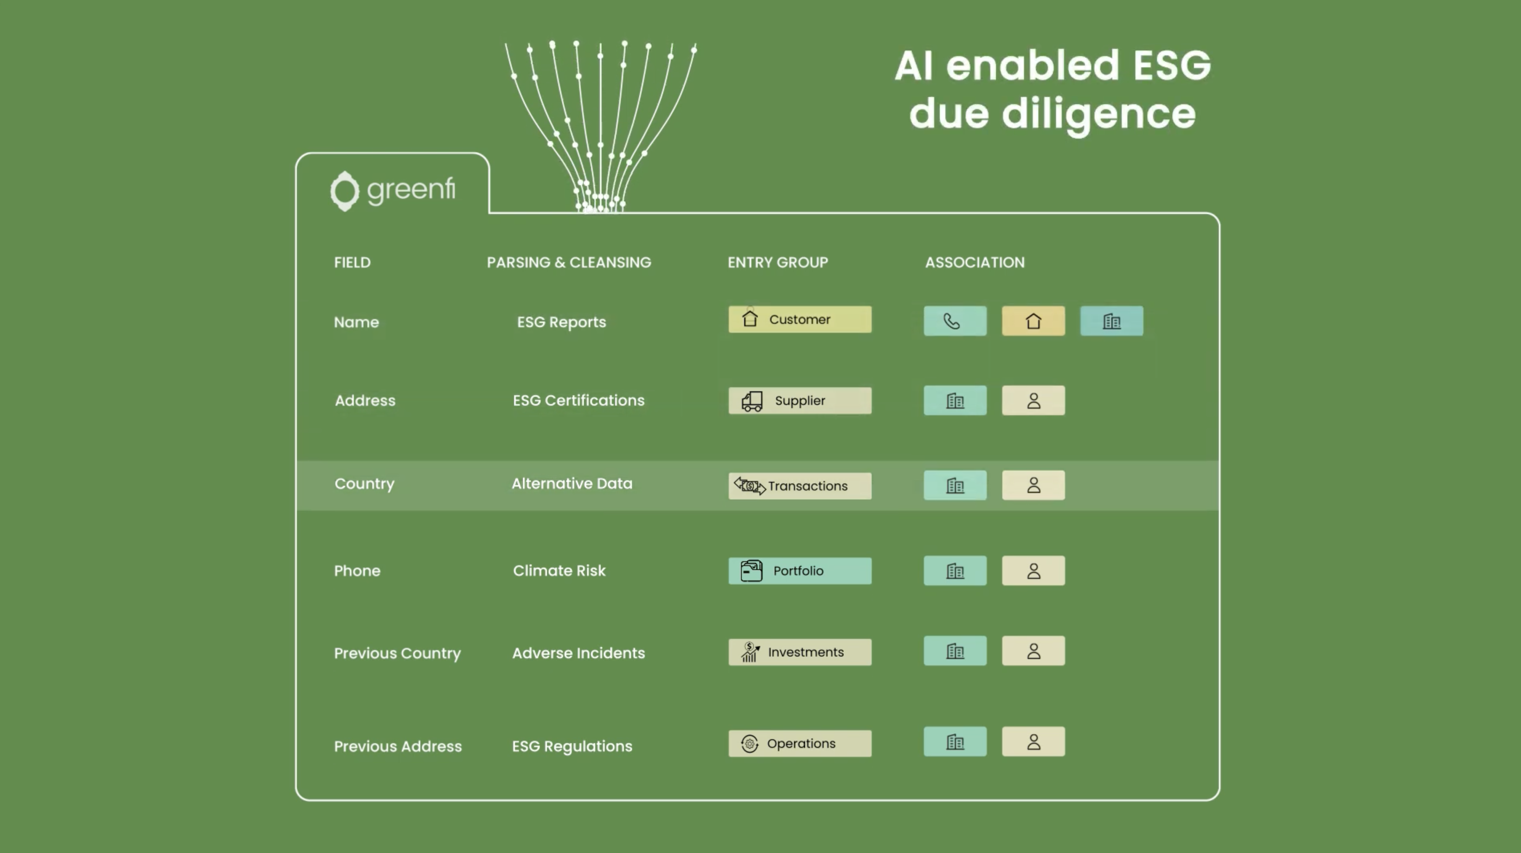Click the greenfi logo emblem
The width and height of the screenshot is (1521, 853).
(x=345, y=191)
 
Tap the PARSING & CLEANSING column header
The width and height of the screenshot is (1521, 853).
(x=569, y=263)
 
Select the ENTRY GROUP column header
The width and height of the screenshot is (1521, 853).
(x=778, y=263)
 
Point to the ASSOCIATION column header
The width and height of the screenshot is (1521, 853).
(x=975, y=263)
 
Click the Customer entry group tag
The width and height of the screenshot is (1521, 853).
(x=800, y=320)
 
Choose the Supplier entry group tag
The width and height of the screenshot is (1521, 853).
(x=800, y=401)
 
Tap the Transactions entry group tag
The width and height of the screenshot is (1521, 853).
(x=800, y=486)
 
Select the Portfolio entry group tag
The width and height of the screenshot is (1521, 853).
(x=800, y=571)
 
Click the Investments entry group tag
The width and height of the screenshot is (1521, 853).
(x=800, y=652)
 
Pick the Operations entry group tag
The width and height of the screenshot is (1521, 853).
(x=800, y=744)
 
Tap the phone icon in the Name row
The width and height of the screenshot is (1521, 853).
(x=954, y=321)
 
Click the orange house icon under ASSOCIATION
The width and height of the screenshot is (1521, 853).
(x=1033, y=321)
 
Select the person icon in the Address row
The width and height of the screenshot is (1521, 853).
(x=1033, y=401)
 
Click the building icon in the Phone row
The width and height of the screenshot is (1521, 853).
(x=954, y=571)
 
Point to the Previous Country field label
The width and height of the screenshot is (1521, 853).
(x=398, y=654)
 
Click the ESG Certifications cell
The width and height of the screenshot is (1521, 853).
(x=579, y=401)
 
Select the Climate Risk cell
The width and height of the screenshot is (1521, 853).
(x=559, y=571)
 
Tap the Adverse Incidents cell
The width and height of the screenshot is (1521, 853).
(x=579, y=654)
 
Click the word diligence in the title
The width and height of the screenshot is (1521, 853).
(x=1099, y=115)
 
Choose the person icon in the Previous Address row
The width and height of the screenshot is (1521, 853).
(x=1033, y=742)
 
